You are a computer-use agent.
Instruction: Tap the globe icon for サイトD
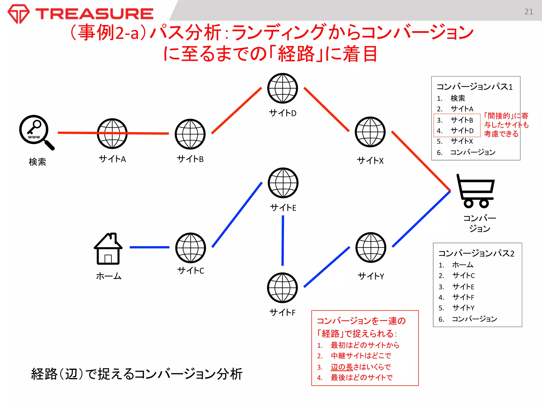[x=282, y=88]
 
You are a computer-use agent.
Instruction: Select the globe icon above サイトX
[x=370, y=132]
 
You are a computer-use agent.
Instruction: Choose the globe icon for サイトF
[x=282, y=288]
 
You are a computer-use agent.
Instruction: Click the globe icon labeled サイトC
[x=191, y=248]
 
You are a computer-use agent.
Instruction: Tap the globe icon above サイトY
[x=371, y=247]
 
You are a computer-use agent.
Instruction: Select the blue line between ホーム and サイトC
[x=150, y=247]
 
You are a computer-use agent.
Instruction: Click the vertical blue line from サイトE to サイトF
[x=283, y=241]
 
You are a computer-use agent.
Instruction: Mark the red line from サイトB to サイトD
[x=236, y=110]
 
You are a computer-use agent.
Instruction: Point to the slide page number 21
[x=529, y=12]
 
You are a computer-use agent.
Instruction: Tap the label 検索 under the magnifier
[x=37, y=162]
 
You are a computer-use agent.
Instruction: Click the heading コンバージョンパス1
[x=475, y=87]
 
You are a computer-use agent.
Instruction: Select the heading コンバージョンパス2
[x=476, y=253]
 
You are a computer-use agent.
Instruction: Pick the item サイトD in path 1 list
[x=462, y=131]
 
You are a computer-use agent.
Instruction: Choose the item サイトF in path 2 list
[x=463, y=297]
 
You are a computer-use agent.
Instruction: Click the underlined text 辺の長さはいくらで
[x=360, y=367]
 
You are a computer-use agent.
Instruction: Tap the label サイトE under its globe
[x=283, y=208]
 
